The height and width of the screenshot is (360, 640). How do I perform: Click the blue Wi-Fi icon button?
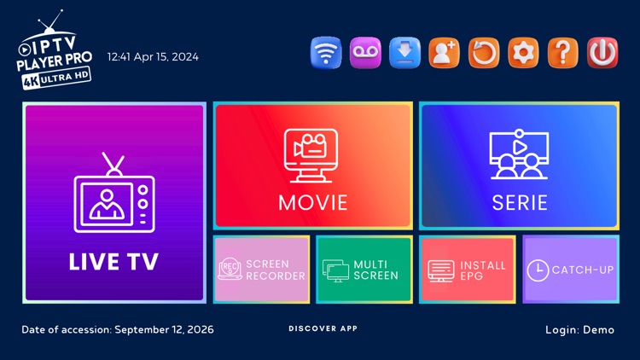[x=324, y=53]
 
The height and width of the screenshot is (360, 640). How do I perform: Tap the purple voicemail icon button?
[x=364, y=53]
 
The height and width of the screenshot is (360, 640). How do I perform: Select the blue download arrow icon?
[x=404, y=53]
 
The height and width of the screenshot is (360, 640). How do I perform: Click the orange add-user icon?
[x=444, y=53]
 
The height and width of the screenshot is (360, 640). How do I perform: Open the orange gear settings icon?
[x=523, y=53]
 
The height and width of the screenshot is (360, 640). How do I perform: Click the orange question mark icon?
[x=563, y=53]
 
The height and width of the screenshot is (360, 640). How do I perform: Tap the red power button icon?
[x=602, y=53]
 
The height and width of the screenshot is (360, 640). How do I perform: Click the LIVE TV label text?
[x=113, y=261]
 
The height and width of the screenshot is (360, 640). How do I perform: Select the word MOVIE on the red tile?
[x=313, y=203]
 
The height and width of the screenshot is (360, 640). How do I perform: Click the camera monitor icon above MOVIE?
[x=313, y=155]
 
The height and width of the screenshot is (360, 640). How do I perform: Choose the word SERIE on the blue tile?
[x=519, y=203]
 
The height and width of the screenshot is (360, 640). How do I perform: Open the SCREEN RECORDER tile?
[x=262, y=270]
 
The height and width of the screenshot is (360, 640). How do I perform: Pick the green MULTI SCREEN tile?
[x=364, y=270]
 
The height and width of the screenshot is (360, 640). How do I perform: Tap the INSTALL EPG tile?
[x=467, y=270]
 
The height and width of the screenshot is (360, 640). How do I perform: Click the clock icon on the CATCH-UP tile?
[x=537, y=270]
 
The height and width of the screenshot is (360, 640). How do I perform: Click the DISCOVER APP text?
[x=323, y=328]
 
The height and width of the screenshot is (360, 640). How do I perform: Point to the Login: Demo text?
[x=579, y=330]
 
